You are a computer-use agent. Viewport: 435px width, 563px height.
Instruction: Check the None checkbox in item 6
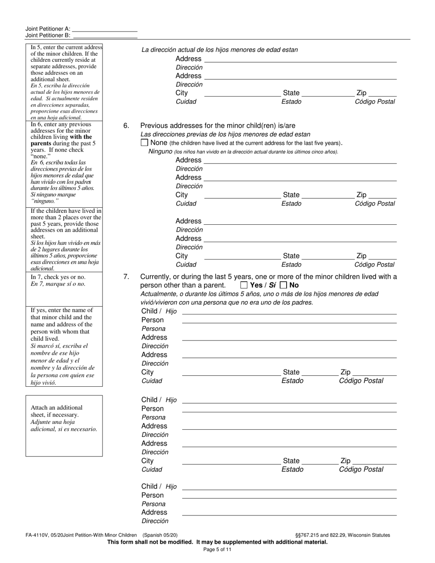[145, 143]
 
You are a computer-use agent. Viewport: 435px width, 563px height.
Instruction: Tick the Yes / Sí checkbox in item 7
[244, 285]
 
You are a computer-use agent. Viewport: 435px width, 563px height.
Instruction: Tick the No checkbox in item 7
[283, 285]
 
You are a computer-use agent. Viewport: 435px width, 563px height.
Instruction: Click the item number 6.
[126, 126]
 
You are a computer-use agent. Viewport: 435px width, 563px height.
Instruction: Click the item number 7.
[126, 276]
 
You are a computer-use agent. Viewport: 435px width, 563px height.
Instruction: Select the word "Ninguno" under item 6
[160, 152]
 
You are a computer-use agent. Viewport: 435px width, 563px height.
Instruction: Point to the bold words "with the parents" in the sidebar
[63, 140]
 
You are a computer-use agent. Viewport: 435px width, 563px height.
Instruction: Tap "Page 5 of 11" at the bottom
[217, 550]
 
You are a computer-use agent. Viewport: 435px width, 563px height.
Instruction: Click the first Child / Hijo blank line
[289, 311]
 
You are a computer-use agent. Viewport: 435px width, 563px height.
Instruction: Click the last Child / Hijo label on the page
[158, 487]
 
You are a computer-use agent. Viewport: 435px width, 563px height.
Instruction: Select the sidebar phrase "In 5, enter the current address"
[66, 47]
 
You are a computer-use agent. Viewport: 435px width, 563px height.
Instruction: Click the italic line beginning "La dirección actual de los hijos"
[219, 50]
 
